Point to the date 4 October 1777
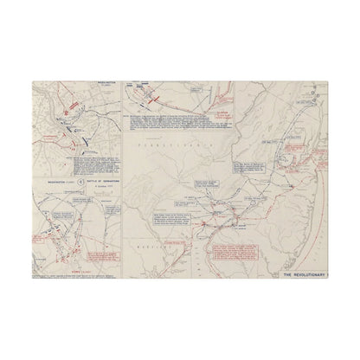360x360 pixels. coord(93,189)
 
